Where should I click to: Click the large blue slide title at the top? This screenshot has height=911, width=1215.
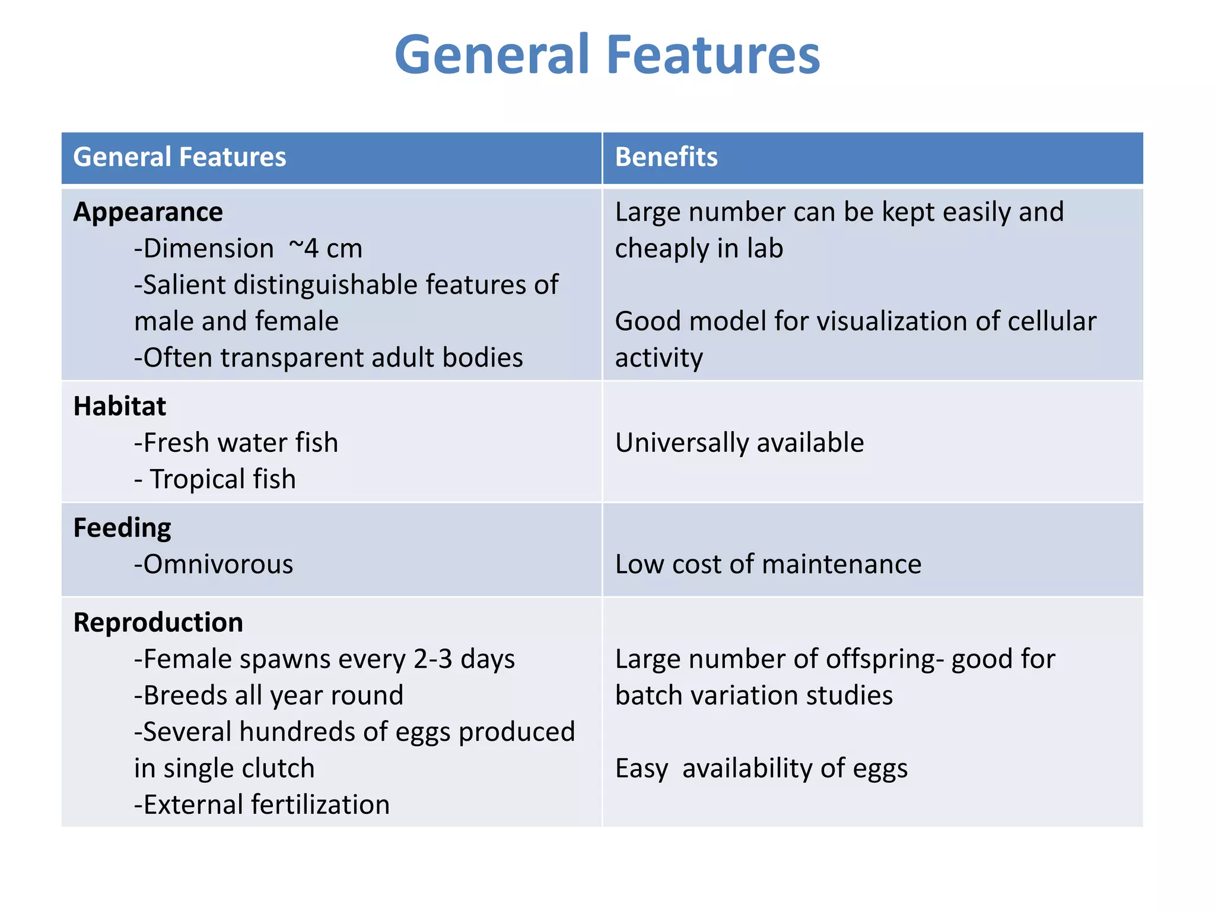(607, 55)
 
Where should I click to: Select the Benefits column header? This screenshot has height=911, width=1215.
(666, 157)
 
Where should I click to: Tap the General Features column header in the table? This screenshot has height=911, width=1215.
(179, 157)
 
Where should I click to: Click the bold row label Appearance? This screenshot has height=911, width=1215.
(148, 212)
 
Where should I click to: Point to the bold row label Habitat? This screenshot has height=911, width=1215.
(119, 406)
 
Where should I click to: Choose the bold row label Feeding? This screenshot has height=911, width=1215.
(122, 528)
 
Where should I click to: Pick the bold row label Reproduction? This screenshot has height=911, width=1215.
(158, 623)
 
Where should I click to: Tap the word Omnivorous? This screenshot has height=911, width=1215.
(218, 564)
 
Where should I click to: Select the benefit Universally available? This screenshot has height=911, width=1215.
(739, 442)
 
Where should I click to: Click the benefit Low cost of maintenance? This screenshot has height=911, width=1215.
(768, 564)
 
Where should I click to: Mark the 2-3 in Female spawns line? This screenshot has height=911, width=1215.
(433, 659)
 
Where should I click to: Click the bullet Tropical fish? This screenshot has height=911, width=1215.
(222, 479)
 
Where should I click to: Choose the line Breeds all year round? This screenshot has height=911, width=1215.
(269, 695)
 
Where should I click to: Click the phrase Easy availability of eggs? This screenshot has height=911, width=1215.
(761, 769)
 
